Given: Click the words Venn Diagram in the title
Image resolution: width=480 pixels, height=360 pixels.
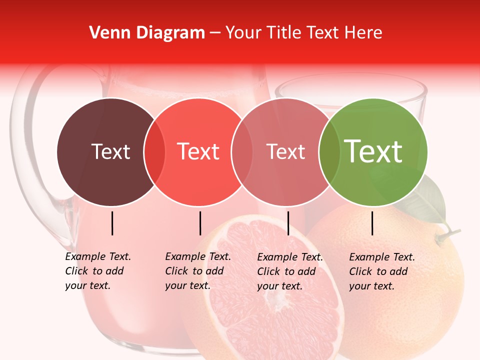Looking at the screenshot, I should coord(146,32).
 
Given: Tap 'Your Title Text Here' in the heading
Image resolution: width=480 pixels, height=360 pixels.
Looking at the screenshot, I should coord(303,32).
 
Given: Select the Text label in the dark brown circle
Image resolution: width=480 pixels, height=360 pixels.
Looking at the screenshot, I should coord(110,151).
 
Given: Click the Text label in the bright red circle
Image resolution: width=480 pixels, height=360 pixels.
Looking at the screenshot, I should coord(198,151).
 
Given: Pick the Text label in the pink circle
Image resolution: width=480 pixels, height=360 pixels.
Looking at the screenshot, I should coord(285,151).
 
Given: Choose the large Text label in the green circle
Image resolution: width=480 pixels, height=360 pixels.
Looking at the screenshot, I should coord(373,151).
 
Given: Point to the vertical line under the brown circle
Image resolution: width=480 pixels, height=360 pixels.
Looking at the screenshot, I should coord(112,223).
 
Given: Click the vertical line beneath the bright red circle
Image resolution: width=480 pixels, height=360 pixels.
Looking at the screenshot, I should coord(200,223).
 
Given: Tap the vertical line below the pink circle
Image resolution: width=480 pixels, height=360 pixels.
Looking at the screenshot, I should coord(288,223).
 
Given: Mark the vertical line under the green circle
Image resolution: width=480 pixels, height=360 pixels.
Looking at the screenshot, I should coord(372,223).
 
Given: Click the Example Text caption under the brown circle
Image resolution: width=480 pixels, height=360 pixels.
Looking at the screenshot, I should coord(97,271).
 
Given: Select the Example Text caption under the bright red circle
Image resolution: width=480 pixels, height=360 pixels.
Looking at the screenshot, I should coord(197,271).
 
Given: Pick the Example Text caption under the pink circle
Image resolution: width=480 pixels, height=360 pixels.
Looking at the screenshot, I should coord(289,271).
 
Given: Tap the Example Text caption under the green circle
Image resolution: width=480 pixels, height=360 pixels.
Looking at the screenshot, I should coord(381,271).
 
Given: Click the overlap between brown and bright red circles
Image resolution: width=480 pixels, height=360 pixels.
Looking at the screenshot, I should coord(154,151).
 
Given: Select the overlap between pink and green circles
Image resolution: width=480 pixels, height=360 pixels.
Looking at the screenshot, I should coord(327,151).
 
